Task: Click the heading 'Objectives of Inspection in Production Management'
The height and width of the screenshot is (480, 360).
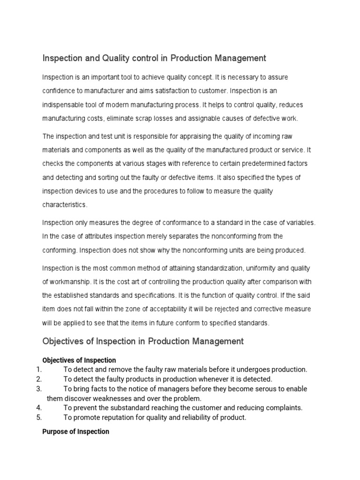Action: coord(143,341)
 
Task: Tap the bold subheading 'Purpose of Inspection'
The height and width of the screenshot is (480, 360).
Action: coord(75,431)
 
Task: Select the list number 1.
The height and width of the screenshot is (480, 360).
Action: coord(39,369)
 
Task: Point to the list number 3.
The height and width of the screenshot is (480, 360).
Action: coord(39,389)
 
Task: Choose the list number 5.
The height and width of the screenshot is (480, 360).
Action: coord(39,417)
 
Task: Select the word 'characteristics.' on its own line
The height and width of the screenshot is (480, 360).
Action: coord(65,205)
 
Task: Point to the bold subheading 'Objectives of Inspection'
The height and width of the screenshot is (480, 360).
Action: coord(79,360)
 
